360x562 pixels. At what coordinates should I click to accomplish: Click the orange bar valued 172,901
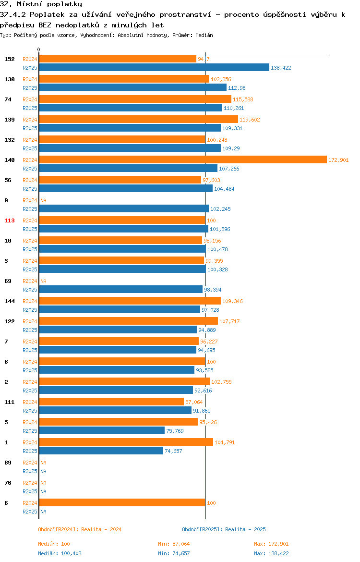[183, 159]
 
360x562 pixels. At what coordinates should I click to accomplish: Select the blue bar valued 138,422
[154, 67]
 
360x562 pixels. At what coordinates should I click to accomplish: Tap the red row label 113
[9, 220]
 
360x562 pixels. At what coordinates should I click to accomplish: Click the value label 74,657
[173, 451]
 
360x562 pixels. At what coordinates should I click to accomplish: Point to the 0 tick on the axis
[39, 50]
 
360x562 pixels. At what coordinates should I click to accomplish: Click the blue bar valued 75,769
[102, 430]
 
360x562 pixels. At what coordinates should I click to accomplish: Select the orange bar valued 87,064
[111, 402]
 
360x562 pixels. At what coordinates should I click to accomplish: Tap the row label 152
[9, 59]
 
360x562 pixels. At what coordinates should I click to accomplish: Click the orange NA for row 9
[43, 200]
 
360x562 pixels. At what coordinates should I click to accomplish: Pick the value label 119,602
[250, 119]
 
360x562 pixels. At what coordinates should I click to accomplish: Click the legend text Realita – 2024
[101, 529]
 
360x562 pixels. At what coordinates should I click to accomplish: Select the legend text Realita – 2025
[245, 529]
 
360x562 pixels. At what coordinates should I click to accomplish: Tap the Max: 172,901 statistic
[271, 544]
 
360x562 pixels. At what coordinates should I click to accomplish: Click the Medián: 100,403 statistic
[60, 553]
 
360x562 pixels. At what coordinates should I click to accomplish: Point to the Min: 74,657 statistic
[174, 553]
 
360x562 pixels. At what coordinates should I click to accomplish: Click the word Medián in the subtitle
[204, 35]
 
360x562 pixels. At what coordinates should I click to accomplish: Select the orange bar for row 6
[122, 502]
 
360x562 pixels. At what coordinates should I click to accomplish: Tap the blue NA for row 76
[43, 491]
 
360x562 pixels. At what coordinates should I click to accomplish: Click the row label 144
[9, 301]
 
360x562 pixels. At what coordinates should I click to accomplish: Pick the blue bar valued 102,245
[123, 208]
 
